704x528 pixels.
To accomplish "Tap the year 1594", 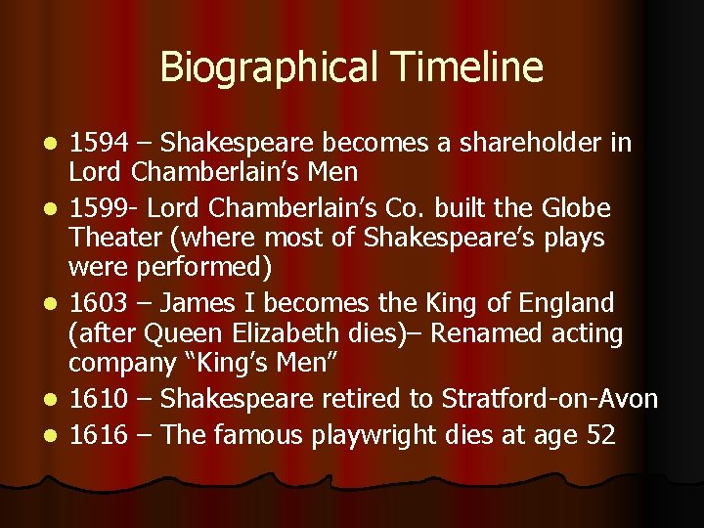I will pyautogui.click(x=98, y=144).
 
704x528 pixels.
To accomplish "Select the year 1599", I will pyautogui.click(x=98, y=208).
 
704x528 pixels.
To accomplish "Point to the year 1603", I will pyautogui.click(x=98, y=302).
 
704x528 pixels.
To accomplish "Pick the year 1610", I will pyautogui.click(x=98, y=399).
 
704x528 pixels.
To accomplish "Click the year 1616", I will pyautogui.click(x=98, y=433).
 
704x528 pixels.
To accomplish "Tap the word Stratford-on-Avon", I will pyautogui.click(x=550, y=399).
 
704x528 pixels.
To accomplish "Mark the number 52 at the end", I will pyautogui.click(x=599, y=433).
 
